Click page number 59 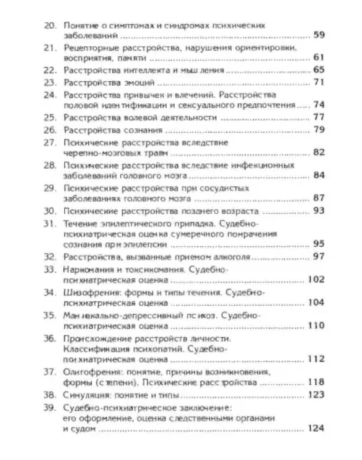point(319,35)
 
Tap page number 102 point(317,279)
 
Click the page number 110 point(317,325)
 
